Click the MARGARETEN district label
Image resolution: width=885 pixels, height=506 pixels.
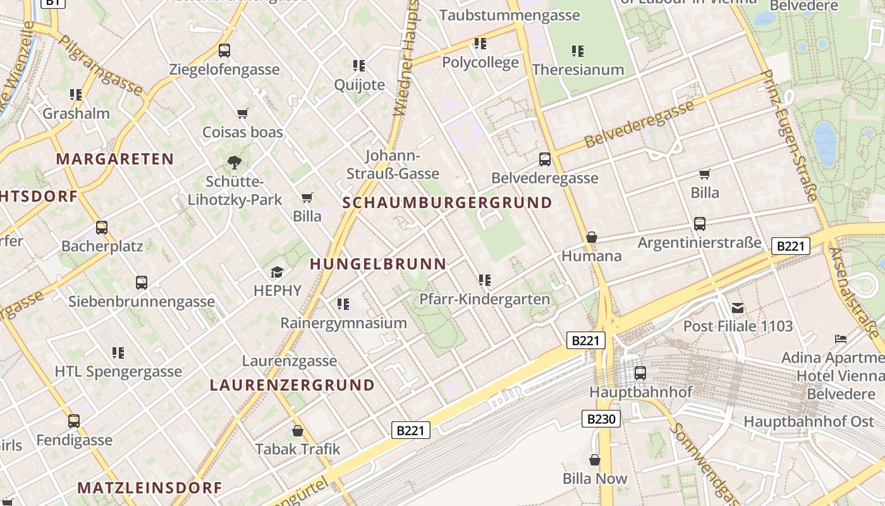[114, 159]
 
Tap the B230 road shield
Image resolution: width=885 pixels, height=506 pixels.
[601, 418]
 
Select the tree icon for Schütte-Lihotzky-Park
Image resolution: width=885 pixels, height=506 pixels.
[235, 162]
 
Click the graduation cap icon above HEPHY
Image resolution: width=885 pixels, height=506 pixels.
[277, 272]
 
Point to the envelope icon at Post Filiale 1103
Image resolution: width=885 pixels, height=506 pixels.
[737, 308]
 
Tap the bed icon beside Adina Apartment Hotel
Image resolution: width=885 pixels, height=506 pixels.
[840, 339]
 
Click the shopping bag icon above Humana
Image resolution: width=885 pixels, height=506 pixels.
[592, 237]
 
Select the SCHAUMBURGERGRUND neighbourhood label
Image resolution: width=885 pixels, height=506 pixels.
[447, 203]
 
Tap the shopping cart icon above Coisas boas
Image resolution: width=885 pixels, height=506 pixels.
[242, 114]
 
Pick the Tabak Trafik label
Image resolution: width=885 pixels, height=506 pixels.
[298, 449]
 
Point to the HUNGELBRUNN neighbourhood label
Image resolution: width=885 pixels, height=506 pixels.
[378, 264]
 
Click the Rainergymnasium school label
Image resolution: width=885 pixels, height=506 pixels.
[343, 323]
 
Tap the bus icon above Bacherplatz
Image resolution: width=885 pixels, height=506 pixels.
[102, 227]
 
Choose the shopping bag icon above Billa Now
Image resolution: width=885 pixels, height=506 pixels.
[594, 460]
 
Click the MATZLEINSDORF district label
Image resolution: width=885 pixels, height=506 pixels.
[150, 488]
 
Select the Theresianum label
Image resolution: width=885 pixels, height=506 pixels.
[578, 70]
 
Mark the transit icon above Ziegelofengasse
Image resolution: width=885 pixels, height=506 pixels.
[224, 51]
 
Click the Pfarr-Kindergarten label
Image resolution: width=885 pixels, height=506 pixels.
[485, 299]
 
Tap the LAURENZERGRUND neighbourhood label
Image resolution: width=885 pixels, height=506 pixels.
[292, 385]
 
